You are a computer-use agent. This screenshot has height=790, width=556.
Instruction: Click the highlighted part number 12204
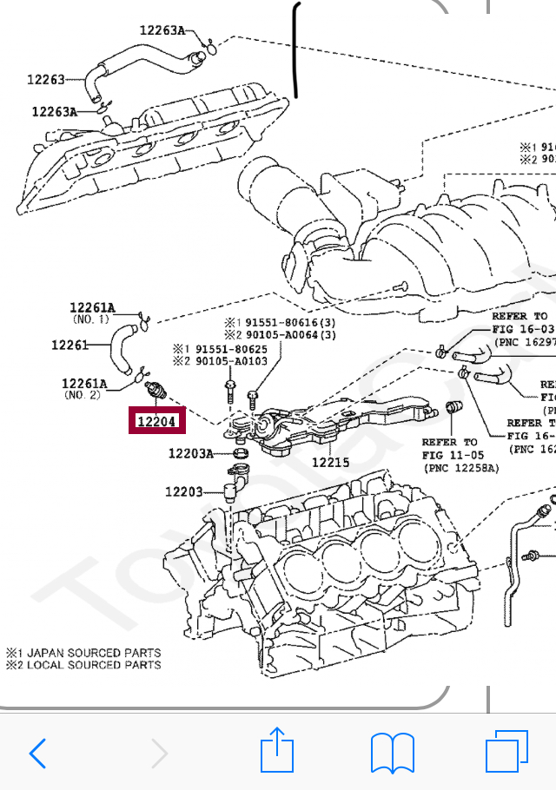tap(157, 423)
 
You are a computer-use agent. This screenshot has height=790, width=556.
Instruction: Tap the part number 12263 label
tap(45, 79)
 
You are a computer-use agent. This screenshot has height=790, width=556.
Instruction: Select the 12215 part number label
tap(330, 463)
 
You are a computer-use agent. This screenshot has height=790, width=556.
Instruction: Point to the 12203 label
tap(183, 492)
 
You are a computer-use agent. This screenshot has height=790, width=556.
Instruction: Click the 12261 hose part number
tap(70, 346)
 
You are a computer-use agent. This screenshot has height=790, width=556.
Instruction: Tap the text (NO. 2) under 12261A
tap(83, 395)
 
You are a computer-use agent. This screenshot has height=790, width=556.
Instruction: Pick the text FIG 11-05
tap(450, 455)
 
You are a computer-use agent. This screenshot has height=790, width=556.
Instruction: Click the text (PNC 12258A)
tap(463, 468)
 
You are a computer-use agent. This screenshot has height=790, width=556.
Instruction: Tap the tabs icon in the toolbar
tap(506, 751)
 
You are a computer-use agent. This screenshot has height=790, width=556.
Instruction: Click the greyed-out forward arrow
tap(158, 753)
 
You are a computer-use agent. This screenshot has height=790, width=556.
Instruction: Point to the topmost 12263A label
tap(162, 30)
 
